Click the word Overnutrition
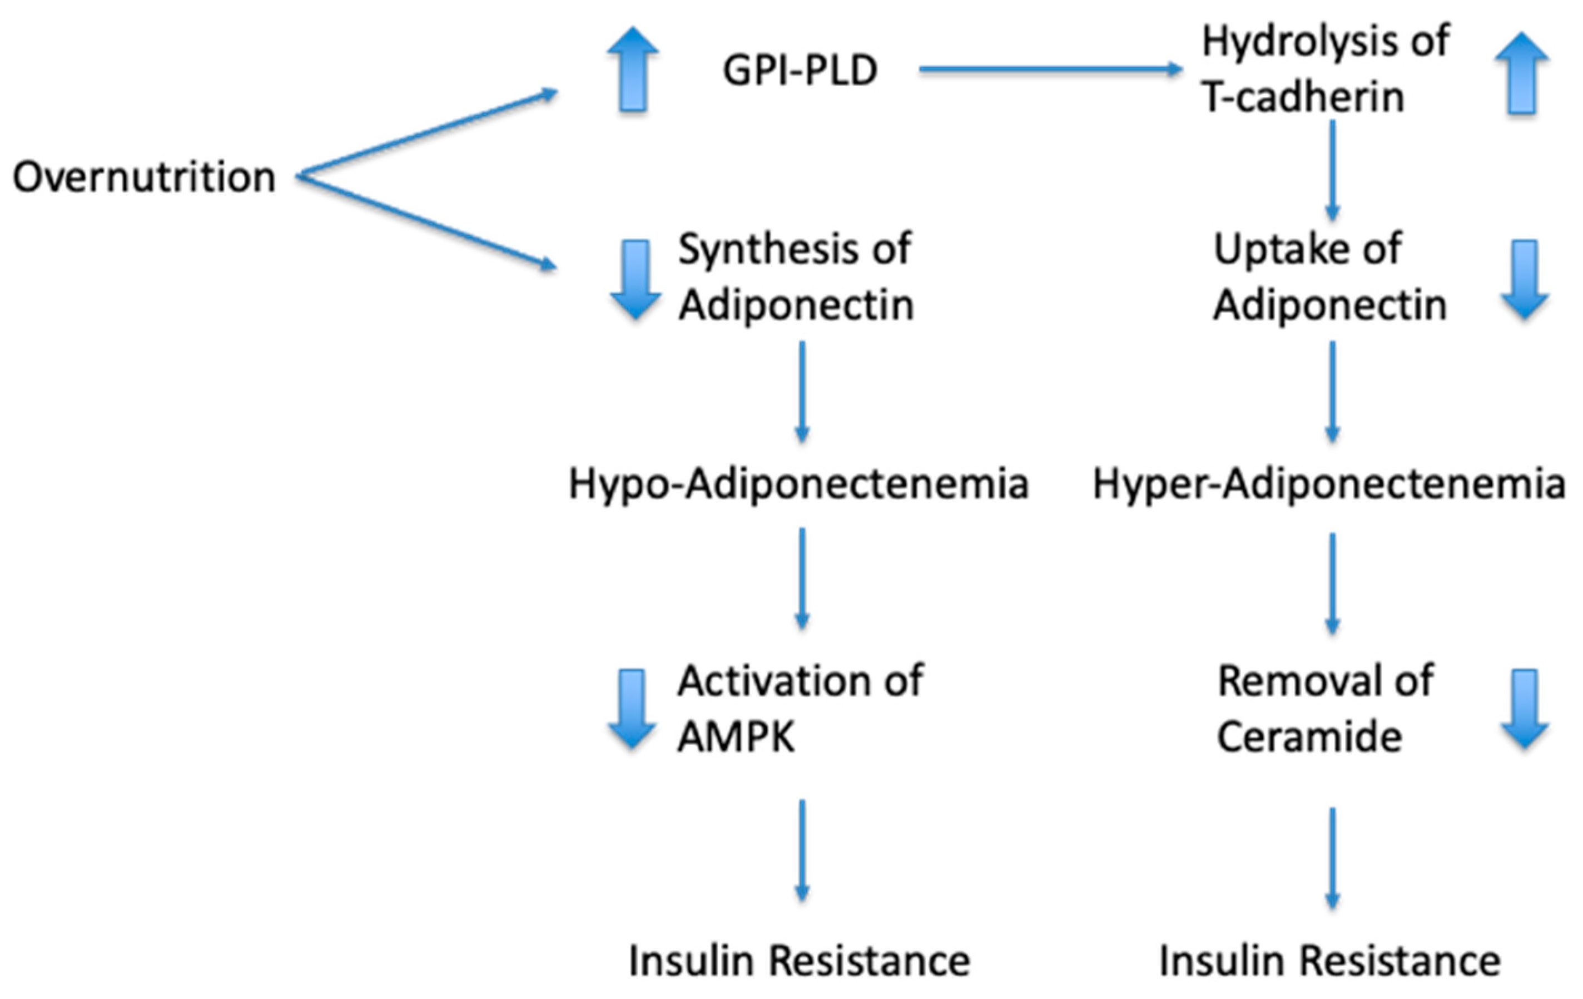click(144, 177)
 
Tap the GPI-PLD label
click(800, 71)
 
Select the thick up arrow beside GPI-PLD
click(632, 70)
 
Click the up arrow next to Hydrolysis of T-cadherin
click(1522, 73)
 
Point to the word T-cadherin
click(1302, 97)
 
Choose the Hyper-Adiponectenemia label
click(1328, 484)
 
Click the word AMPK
click(736, 736)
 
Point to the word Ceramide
click(1309, 736)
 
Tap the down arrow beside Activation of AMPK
click(632, 708)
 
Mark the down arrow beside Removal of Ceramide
click(1525, 708)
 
